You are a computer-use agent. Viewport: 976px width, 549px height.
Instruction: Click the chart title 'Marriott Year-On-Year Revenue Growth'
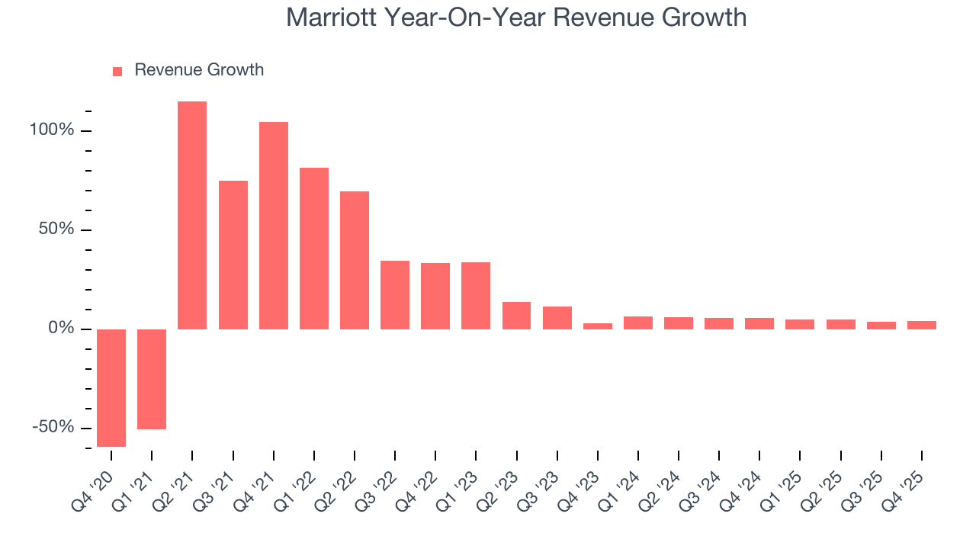(516, 17)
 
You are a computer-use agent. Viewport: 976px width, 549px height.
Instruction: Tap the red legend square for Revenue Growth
(117, 71)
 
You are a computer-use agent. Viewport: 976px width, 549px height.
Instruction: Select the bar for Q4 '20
(111, 388)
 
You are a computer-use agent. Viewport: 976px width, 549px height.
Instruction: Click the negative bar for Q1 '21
(152, 379)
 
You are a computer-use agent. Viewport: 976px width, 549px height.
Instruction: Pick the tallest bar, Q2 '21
(192, 215)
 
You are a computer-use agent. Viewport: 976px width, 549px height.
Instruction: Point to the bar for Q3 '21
(233, 255)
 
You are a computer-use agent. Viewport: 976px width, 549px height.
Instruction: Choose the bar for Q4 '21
(274, 226)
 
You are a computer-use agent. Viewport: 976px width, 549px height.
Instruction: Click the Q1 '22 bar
(314, 249)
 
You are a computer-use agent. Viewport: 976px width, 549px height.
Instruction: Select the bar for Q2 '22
(355, 260)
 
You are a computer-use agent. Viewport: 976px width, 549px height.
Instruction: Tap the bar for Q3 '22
(395, 295)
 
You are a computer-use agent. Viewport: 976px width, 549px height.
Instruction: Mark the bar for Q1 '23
(476, 296)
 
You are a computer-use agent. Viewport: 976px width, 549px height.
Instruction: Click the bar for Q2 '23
(516, 316)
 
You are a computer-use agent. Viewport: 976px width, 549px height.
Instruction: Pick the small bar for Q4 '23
(598, 326)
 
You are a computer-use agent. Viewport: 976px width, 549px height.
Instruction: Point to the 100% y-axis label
(52, 130)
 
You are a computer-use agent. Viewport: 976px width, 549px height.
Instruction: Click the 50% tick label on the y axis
(56, 230)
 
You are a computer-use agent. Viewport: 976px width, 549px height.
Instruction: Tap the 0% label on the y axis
(61, 329)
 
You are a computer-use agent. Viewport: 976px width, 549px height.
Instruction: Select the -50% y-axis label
(53, 428)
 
